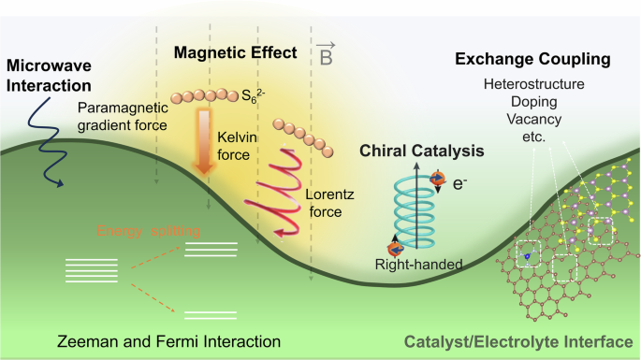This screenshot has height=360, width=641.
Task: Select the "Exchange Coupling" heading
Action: tap(532, 60)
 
